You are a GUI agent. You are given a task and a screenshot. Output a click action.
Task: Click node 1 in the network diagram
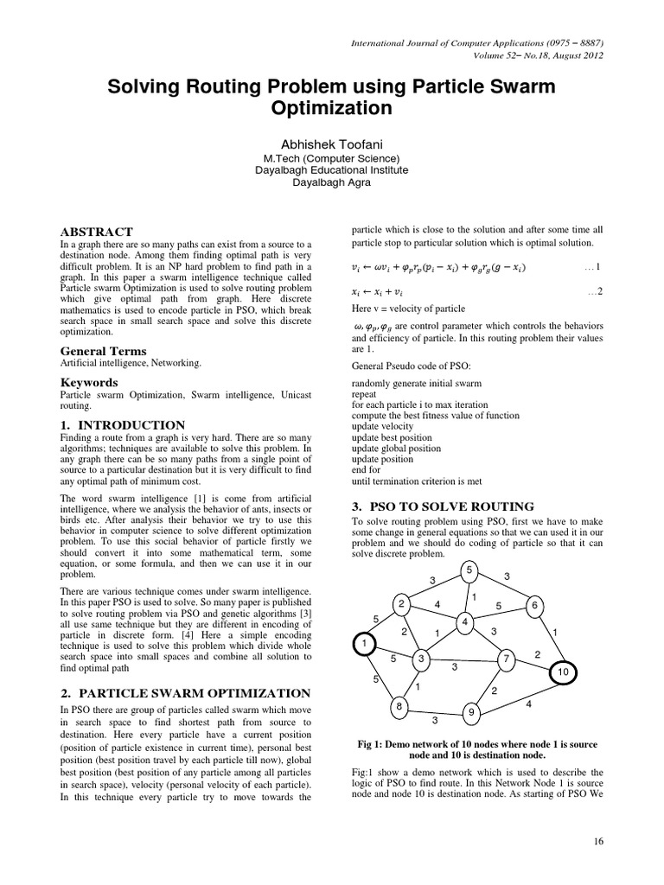366,644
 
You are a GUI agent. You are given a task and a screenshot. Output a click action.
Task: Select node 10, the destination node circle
563,672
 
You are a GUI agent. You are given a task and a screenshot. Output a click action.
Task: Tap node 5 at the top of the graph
468,571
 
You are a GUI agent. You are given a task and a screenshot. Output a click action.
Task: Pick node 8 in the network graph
399,707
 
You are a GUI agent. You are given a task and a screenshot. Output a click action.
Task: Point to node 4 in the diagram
464,622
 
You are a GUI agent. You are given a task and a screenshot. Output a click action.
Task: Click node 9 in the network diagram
471,712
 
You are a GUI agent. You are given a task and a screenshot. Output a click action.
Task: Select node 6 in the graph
535,605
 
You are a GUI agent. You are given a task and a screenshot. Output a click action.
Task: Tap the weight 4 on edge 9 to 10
528,705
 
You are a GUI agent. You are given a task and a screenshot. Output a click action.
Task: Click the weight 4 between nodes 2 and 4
437,604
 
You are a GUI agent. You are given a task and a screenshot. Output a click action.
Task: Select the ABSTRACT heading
96,232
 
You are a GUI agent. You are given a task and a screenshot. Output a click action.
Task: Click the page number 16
598,839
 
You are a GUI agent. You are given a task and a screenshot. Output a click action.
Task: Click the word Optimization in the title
332,109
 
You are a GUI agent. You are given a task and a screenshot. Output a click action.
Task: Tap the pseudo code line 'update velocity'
383,427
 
